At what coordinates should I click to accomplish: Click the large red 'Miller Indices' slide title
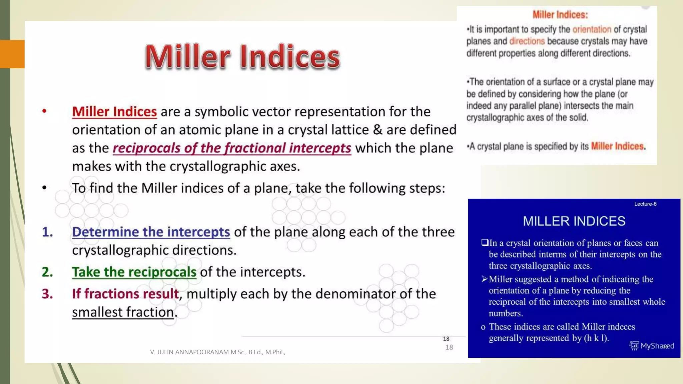pos(242,57)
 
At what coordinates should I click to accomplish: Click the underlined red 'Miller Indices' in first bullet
pos(114,112)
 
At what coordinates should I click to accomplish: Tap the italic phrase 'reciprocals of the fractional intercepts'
pos(232,148)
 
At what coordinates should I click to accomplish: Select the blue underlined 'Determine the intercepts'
pos(151,232)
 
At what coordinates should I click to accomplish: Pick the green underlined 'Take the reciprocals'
pos(134,272)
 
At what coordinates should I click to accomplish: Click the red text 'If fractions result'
pos(125,294)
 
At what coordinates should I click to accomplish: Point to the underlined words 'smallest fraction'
pos(123,312)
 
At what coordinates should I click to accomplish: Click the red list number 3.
pos(47,294)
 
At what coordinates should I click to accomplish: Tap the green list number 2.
pos(47,272)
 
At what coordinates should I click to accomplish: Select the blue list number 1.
pos(47,232)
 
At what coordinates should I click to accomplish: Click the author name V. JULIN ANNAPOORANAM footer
pos(217,352)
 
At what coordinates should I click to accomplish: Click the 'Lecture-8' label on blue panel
pos(645,204)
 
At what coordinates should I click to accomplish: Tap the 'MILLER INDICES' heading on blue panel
pos(574,221)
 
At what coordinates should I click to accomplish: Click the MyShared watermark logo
pos(651,346)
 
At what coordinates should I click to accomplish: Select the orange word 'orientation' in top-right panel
pos(592,29)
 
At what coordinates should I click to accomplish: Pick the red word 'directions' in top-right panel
pos(527,41)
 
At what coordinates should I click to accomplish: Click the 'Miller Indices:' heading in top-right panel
pos(560,15)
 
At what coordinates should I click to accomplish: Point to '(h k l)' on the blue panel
pos(596,338)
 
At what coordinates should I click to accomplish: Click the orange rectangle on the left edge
pos(12,54)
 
